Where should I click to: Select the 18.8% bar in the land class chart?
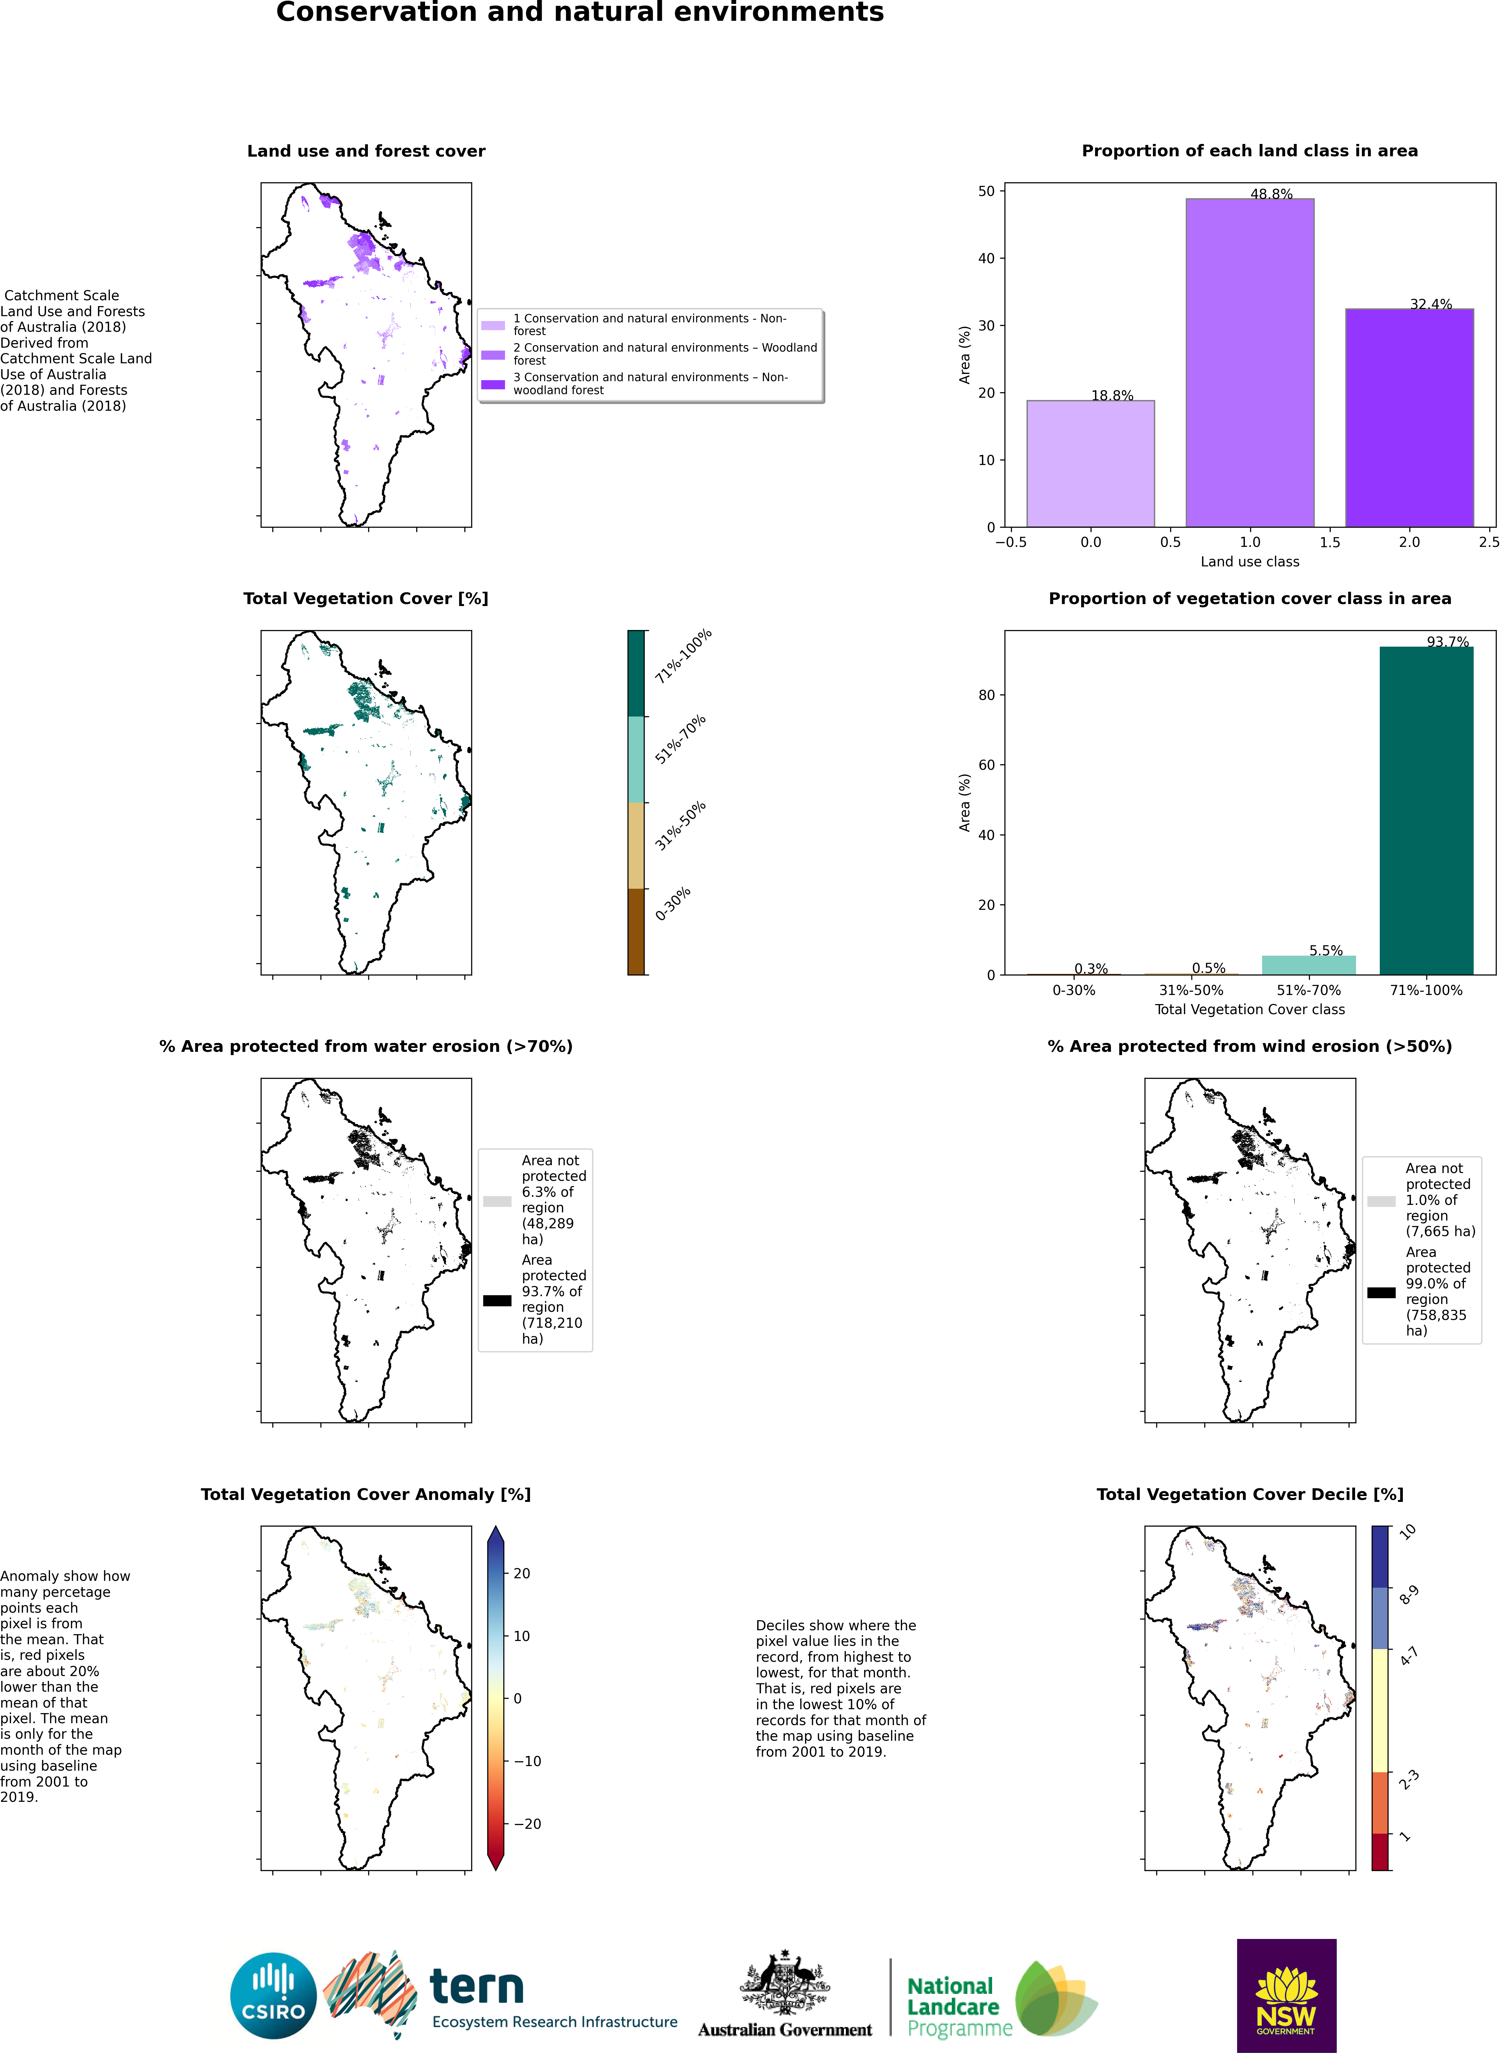1091,463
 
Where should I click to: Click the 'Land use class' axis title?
1249,561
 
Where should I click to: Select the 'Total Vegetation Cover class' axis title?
1249,1009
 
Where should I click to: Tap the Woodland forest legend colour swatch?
493,354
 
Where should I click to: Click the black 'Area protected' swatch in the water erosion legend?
497,1300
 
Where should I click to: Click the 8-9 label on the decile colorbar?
1408,1595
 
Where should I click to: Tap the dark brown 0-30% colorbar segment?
636,932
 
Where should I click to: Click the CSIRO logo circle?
273,1996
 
